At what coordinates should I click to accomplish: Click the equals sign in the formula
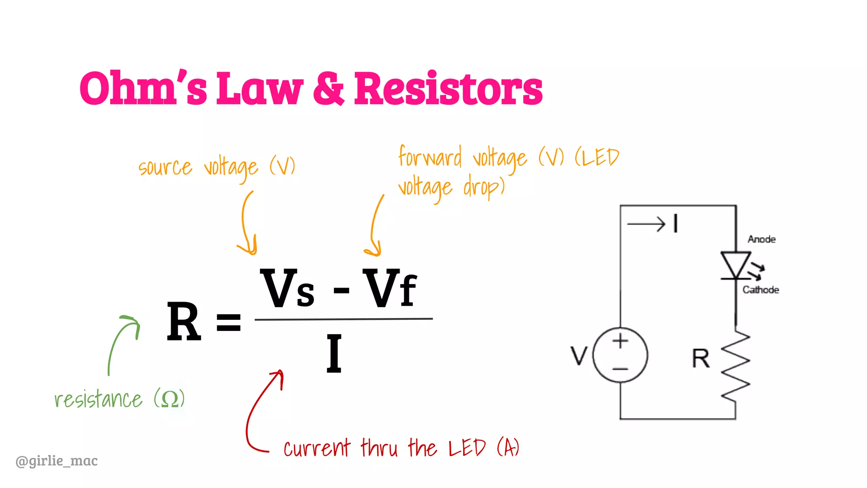tap(229, 322)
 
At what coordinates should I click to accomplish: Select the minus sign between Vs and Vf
tap(341, 291)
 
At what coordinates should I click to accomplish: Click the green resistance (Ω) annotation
tap(119, 399)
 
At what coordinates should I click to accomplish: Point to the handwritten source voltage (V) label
tap(216, 167)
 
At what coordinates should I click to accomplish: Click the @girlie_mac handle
tap(56, 460)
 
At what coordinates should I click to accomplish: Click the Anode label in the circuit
tap(761, 239)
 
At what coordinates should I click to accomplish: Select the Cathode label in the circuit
tap(760, 290)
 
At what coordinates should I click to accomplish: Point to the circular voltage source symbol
tap(620, 355)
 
